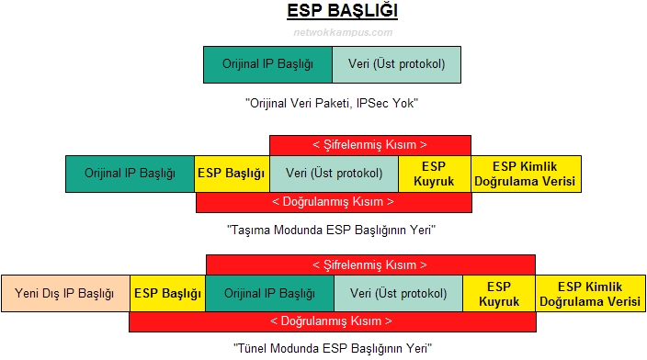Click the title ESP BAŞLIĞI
click(x=330, y=12)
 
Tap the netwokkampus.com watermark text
click(x=330, y=32)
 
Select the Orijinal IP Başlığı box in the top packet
click(x=267, y=64)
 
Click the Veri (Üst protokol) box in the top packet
click(x=396, y=64)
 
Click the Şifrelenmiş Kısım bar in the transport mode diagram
click(x=369, y=144)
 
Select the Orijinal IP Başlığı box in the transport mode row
click(x=131, y=174)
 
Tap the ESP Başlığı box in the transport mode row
click(x=233, y=174)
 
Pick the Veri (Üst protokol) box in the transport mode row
click(x=334, y=174)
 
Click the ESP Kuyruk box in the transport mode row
click(x=435, y=174)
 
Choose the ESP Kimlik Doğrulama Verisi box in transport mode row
click(x=527, y=174)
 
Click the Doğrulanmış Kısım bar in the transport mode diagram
click(x=334, y=202)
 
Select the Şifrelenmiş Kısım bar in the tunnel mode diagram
click(x=369, y=264)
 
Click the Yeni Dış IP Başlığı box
click(x=65, y=294)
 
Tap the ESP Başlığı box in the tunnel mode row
click(x=167, y=294)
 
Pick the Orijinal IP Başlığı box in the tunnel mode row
click(x=269, y=294)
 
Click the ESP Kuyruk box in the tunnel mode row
click(x=499, y=294)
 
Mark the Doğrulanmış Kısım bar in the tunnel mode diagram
click(x=332, y=322)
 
